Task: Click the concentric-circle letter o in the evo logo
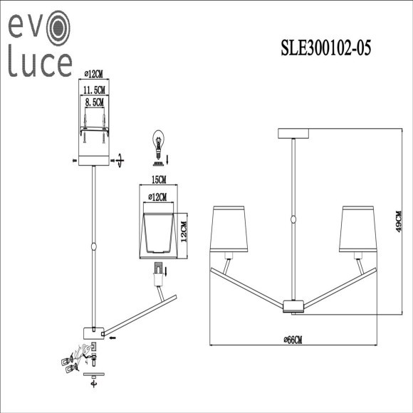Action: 58,28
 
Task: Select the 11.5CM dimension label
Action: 93,90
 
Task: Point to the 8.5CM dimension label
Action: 93,103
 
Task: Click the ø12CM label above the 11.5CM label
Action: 93,73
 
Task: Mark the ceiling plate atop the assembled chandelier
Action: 293,133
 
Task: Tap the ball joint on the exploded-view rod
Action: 93,246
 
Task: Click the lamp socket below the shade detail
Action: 158,270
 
